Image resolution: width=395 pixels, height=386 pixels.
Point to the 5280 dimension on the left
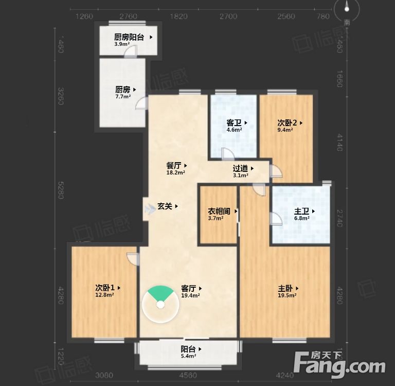point(61,189)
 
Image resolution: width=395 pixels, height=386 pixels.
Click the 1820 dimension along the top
point(178,16)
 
